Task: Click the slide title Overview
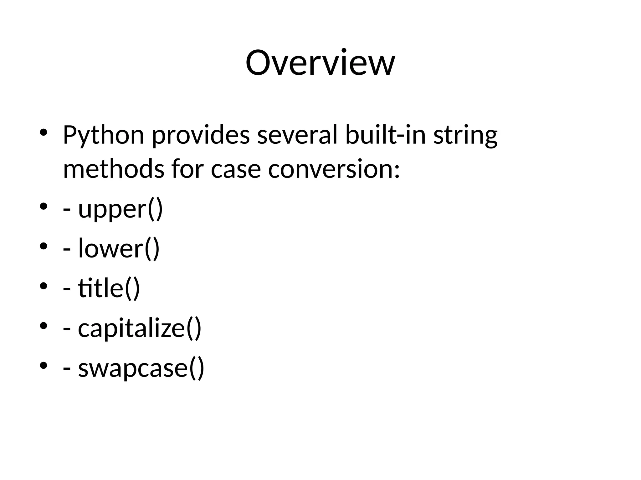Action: [x=320, y=63]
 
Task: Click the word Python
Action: [x=103, y=135]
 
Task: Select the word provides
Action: [x=201, y=135]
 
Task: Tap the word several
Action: [x=297, y=135]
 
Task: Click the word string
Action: [x=465, y=135]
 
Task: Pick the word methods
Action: [x=113, y=169]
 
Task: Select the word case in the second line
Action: [x=236, y=170]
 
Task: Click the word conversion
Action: [x=334, y=169]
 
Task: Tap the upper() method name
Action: [x=121, y=209]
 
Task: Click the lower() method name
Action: [x=119, y=248]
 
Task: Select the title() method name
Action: [x=109, y=288]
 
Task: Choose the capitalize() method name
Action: [x=140, y=328]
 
